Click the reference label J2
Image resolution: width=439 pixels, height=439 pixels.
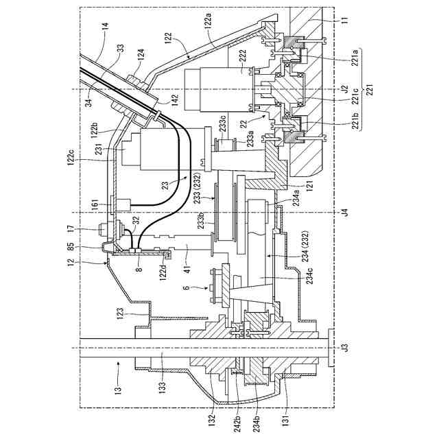(x=344, y=89)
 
